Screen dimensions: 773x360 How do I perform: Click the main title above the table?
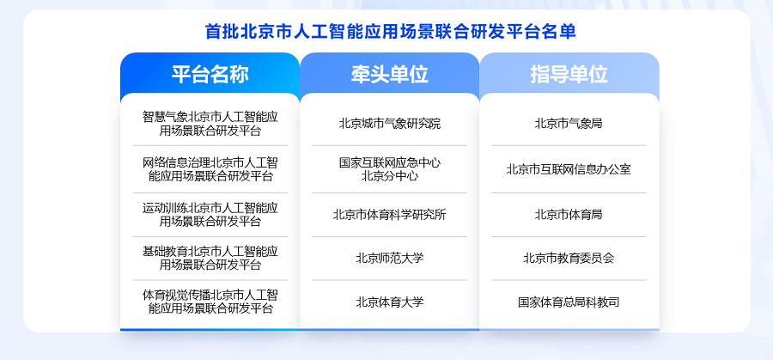(391, 32)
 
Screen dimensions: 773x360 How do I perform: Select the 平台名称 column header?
(210, 74)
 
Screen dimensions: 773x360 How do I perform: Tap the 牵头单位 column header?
(389, 74)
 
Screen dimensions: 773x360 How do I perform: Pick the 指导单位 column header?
(569, 74)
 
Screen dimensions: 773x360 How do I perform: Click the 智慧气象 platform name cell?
(210, 124)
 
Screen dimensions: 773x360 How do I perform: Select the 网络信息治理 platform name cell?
(210, 169)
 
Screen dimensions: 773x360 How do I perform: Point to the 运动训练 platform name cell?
(210, 215)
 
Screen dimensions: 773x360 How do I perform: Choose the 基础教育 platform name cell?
(210, 258)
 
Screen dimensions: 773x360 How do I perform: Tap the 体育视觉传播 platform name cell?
(210, 302)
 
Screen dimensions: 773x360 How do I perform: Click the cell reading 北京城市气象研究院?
(389, 124)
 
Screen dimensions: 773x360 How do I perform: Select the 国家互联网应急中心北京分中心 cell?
(389, 169)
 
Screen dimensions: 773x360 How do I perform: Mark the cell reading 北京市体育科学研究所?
(389, 215)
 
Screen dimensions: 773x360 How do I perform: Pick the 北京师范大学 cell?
(389, 258)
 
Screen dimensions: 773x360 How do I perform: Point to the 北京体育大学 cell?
(389, 302)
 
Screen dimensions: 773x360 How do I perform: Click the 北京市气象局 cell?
(569, 124)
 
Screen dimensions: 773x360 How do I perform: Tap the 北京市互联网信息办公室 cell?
(569, 169)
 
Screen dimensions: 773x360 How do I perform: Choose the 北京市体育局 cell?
(569, 215)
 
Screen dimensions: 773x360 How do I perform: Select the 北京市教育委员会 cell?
(569, 258)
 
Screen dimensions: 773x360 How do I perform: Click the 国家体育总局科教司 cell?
(569, 302)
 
